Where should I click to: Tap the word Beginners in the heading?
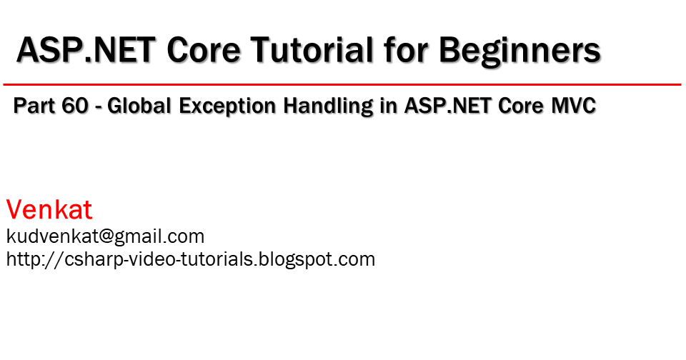520,51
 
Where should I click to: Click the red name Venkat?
49,210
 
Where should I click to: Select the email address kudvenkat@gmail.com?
105,236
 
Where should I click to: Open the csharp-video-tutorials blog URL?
190,259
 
